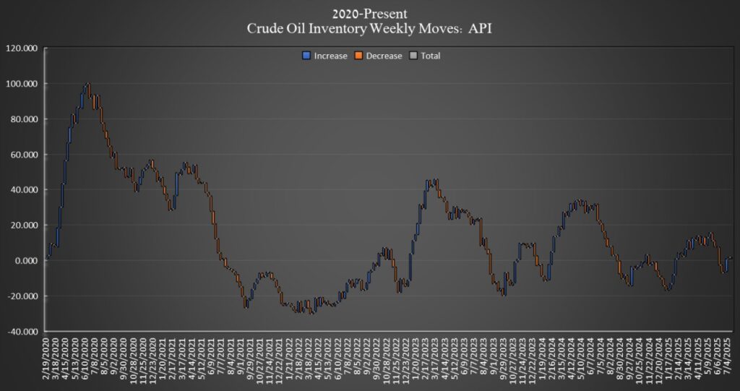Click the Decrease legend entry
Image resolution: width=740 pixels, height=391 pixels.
[383, 56]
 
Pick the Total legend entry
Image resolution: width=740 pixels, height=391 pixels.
[430, 56]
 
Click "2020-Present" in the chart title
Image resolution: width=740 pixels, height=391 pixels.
[369, 13]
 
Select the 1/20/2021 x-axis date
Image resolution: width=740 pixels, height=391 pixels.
[170, 359]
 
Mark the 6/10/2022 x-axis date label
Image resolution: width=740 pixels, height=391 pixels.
[338, 359]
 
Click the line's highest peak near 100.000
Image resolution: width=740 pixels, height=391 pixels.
[87, 84]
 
